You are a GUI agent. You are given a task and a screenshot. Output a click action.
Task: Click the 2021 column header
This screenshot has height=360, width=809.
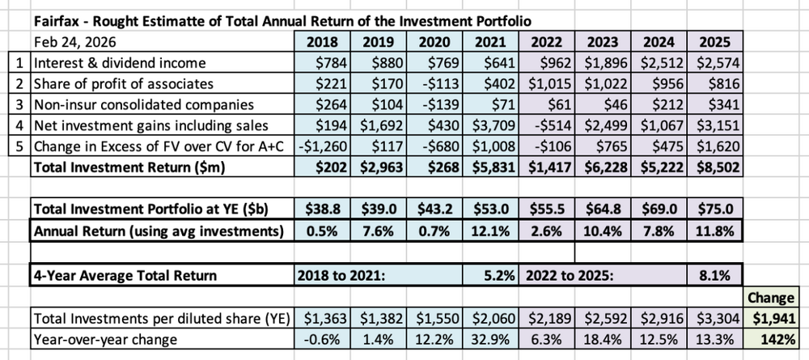[491, 42]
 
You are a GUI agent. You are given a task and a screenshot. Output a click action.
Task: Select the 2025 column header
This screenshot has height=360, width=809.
[714, 42]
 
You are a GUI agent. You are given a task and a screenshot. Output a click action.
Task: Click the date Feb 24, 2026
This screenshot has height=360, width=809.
[74, 42]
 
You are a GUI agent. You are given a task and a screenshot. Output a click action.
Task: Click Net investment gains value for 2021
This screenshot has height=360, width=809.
[491, 125]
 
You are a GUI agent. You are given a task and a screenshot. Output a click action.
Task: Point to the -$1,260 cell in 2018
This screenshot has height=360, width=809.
[322, 146]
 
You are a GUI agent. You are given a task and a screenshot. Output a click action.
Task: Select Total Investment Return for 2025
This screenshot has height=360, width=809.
[714, 167]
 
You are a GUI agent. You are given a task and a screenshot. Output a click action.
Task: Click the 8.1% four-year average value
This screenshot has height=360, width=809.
[714, 275]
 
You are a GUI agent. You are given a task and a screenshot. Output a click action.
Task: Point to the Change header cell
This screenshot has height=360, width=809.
[770, 298]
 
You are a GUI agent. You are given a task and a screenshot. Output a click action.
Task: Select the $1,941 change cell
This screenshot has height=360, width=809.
[770, 319]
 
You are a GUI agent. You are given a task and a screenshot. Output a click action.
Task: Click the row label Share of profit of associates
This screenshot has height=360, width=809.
[124, 83]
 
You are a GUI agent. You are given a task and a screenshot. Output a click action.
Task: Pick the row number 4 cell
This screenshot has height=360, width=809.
[19, 125]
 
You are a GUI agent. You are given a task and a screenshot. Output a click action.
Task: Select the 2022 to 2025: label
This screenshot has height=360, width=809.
[570, 275]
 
